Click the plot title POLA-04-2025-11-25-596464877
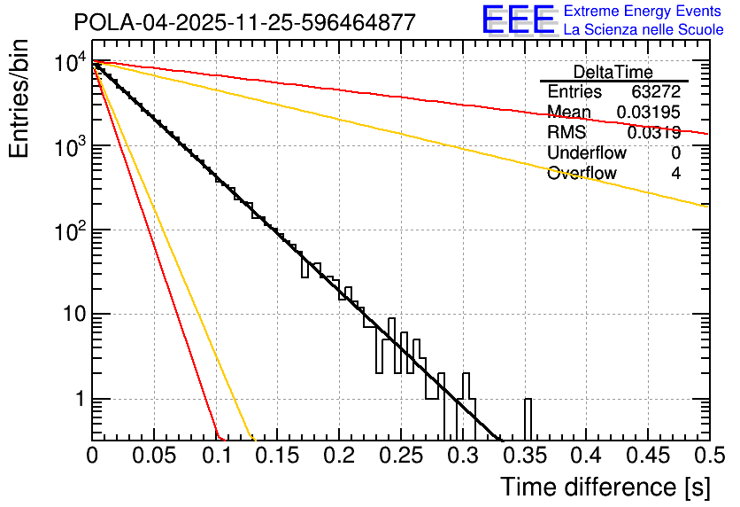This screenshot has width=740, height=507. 244,22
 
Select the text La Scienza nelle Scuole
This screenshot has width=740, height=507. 644,30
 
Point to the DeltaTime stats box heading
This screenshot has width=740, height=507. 613,71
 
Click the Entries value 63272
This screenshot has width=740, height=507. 656,92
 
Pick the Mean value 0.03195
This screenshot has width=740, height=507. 649,113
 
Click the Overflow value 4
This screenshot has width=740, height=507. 675,174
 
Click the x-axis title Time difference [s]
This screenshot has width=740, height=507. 604,487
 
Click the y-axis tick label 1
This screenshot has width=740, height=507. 78,400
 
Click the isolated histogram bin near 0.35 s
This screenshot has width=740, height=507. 528,418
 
